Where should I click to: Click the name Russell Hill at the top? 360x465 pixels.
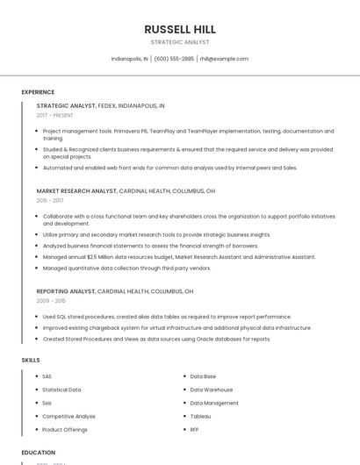pos(180,29)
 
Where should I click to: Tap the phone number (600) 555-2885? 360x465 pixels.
pos(174,59)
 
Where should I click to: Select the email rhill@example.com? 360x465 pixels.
pos(224,59)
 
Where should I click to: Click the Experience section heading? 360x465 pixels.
pos(38,91)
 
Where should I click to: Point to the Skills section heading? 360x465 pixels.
pos(31,360)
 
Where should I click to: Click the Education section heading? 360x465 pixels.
pos(39,452)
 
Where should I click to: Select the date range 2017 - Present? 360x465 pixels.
pos(55,115)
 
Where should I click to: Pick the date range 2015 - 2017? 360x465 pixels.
pos(50,200)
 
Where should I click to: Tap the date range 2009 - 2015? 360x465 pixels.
pos(51,300)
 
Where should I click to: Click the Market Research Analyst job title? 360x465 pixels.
pos(76,190)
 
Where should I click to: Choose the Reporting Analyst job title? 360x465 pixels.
pos(66,290)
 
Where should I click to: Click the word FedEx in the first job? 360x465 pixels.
pos(107,105)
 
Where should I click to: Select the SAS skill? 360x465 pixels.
pos(47,376)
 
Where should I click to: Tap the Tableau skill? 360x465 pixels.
pos(200,416)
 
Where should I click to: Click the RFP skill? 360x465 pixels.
pos(195,429)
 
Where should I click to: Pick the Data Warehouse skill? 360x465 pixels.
pos(211,390)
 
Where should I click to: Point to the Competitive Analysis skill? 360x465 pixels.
pos(68,416)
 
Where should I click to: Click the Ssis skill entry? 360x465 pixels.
pos(47,403)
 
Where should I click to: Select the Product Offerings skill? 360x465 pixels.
pos(65,429)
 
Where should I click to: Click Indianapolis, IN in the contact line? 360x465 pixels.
pos(130,59)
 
